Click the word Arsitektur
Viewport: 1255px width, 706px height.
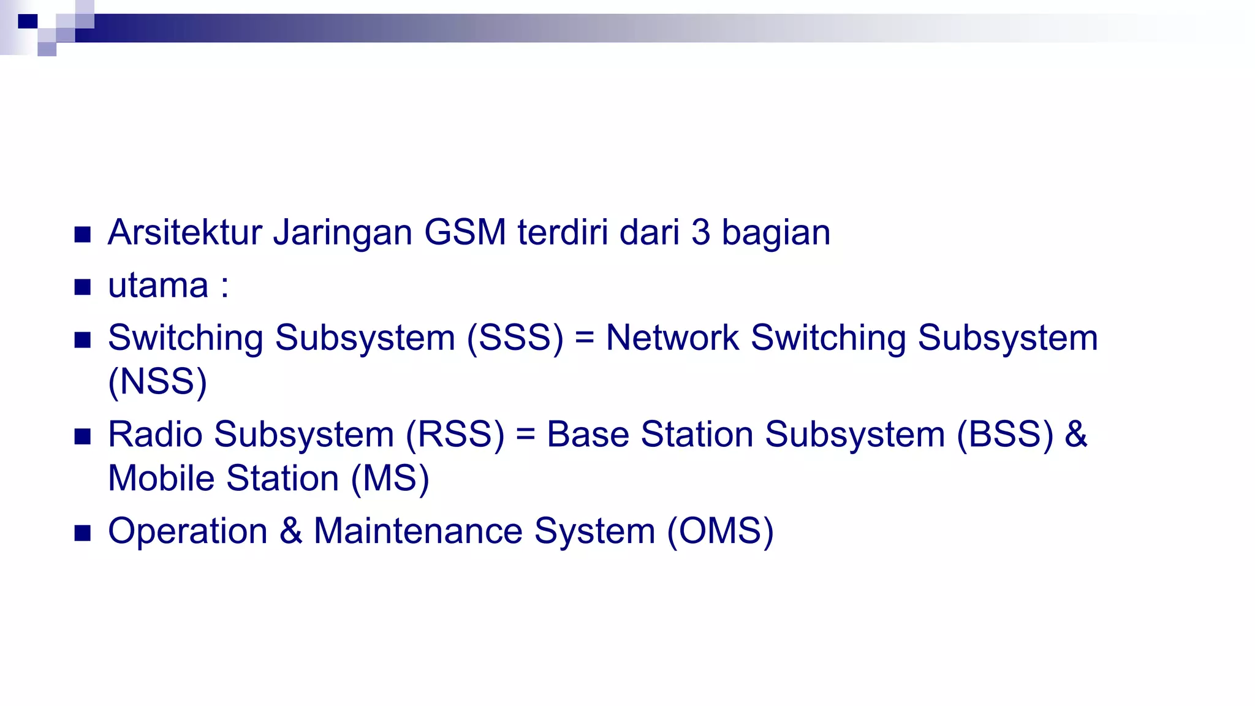(x=184, y=233)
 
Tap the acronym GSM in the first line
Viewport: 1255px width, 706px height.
(x=464, y=233)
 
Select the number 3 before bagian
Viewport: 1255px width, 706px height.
(x=700, y=233)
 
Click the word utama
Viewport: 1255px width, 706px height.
(x=158, y=286)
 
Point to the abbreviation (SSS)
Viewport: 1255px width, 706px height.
(x=515, y=338)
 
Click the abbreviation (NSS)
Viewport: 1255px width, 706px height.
(x=157, y=382)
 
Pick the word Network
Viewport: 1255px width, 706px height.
(x=672, y=338)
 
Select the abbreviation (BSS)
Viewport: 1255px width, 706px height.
(x=1005, y=435)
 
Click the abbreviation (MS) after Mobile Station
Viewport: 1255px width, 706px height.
(x=390, y=479)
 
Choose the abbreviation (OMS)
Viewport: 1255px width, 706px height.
(x=720, y=531)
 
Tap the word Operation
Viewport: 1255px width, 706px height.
(x=188, y=531)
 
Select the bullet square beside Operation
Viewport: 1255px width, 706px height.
(x=83, y=533)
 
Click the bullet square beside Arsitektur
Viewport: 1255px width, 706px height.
(x=83, y=234)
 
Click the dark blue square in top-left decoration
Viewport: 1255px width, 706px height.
(x=28, y=21)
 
